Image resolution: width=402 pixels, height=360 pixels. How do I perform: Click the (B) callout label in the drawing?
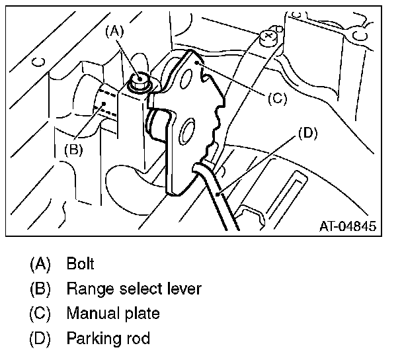(73, 149)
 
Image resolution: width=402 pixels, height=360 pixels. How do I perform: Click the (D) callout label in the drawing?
(307, 133)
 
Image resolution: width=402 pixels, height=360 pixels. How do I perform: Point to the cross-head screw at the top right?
(269, 37)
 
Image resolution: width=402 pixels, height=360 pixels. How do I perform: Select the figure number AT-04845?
(348, 226)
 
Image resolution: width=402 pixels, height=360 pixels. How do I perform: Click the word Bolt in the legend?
(80, 263)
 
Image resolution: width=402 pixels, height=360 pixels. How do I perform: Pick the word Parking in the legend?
(92, 339)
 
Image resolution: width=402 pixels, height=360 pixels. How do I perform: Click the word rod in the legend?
(138, 339)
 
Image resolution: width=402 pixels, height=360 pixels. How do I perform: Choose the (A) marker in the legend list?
(40, 263)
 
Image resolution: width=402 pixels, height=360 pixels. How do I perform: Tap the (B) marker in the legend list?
(40, 289)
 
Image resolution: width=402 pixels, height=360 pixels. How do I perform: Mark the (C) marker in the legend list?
(40, 314)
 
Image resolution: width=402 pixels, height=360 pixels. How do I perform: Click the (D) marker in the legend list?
(40, 339)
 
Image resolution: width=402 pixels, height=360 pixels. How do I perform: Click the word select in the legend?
(140, 289)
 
